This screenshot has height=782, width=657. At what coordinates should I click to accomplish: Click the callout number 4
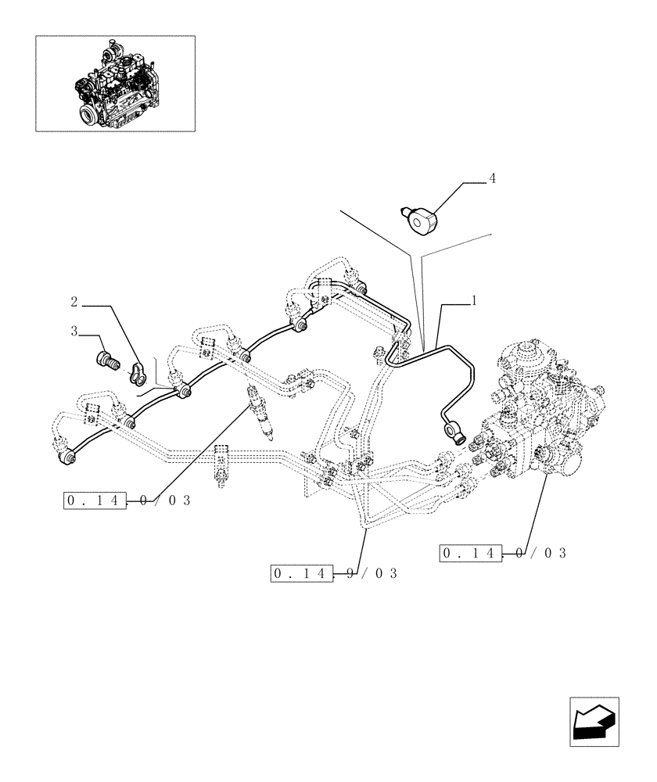[492, 179]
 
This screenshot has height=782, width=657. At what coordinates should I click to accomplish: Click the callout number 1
[474, 300]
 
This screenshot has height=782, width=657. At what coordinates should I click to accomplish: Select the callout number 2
[74, 301]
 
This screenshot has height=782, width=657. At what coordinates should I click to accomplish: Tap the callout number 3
[74, 332]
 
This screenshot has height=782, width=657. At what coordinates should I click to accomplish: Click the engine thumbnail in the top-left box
[115, 83]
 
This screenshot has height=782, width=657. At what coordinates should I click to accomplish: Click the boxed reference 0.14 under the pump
[470, 554]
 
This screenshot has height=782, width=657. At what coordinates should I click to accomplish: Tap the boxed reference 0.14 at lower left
[94, 500]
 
